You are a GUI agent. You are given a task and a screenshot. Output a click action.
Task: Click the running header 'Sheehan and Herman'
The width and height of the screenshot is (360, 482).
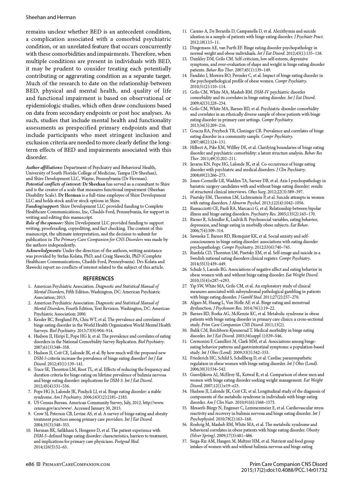(x=51, y=17)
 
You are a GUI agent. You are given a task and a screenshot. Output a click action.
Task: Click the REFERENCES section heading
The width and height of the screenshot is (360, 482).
(x=98, y=279)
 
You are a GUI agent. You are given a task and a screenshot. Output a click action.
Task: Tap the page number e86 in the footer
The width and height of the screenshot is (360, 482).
(x=30, y=464)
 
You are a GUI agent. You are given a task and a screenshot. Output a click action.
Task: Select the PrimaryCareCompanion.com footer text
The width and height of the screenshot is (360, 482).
(x=76, y=464)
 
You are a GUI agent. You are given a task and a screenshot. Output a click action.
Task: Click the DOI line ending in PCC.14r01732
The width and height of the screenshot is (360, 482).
(x=284, y=470)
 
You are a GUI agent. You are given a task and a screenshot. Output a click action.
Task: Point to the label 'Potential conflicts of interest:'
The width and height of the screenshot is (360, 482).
(x=54, y=184)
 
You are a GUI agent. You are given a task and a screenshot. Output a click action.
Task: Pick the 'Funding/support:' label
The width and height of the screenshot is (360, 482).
(x=43, y=206)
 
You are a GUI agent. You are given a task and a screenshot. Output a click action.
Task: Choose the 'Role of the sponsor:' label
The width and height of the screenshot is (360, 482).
(x=45, y=223)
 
